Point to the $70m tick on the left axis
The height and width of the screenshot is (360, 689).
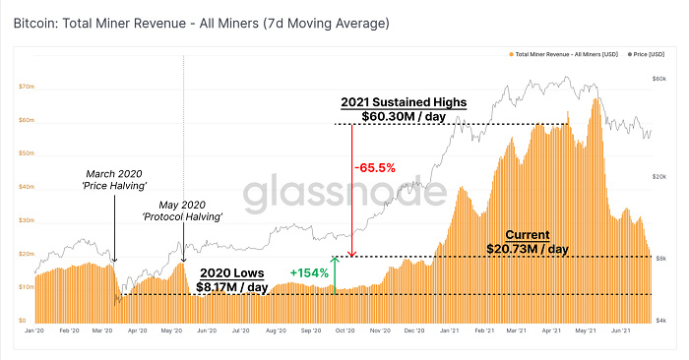point(27,87)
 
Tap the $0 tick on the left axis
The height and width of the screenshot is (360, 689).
point(22,321)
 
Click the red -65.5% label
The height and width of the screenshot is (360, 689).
point(374,168)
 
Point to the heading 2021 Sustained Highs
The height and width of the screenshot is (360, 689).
point(404,102)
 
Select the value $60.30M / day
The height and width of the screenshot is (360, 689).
point(404,116)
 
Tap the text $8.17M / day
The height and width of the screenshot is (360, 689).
point(231,286)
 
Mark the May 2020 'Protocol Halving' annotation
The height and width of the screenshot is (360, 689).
point(181,210)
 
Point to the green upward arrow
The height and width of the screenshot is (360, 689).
point(336,275)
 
